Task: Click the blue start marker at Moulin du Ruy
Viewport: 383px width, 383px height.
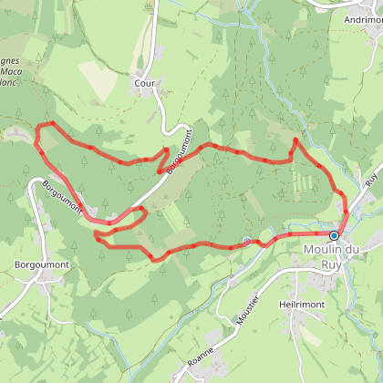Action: click(x=334, y=235)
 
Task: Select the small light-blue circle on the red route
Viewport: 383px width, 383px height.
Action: click(x=246, y=242)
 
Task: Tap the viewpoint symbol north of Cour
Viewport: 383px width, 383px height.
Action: click(x=147, y=8)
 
